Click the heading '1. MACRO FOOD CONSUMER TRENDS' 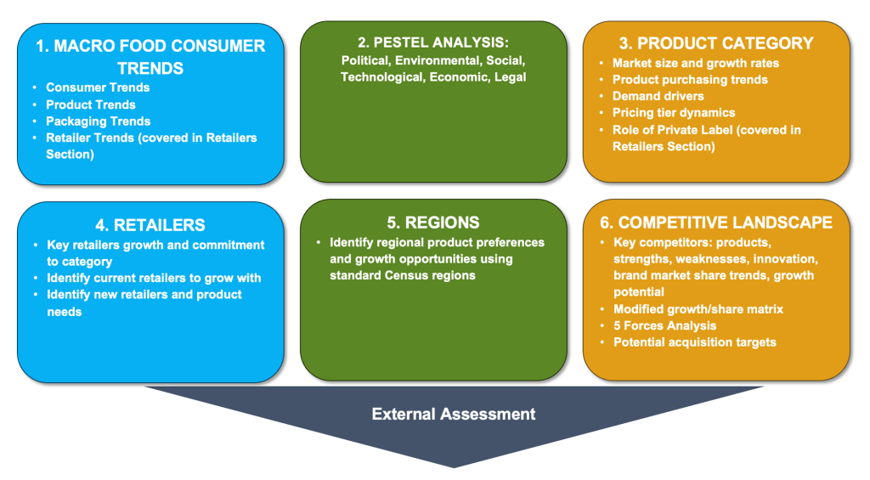pyautogui.click(x=150, y=56)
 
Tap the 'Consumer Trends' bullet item pyautogui.click(x=98, y=88)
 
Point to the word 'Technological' pyautogui.click(x=379, y=77)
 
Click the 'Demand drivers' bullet pyautogui.click(x=658, y=96)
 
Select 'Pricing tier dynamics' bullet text pyautogui.click(x=674, y=112)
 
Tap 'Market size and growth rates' pyautogui.click(x=695, y=63)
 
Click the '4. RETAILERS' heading pyautogui.click(x=150, y=225)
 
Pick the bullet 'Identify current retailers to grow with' pyautogui.click(x=154, y=278)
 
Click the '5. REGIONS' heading pyautogui.click(x=432, y=223)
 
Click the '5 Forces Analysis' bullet pyautogui.click(x=664, y=325)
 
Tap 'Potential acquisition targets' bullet pyautogui.click(x=694, y=342)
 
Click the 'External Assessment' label pyautogui.click(x=453, y=415)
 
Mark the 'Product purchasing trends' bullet pyautogui.click(x=690, y=79)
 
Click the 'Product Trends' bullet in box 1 pyautogui.click(x=91, y=104)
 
